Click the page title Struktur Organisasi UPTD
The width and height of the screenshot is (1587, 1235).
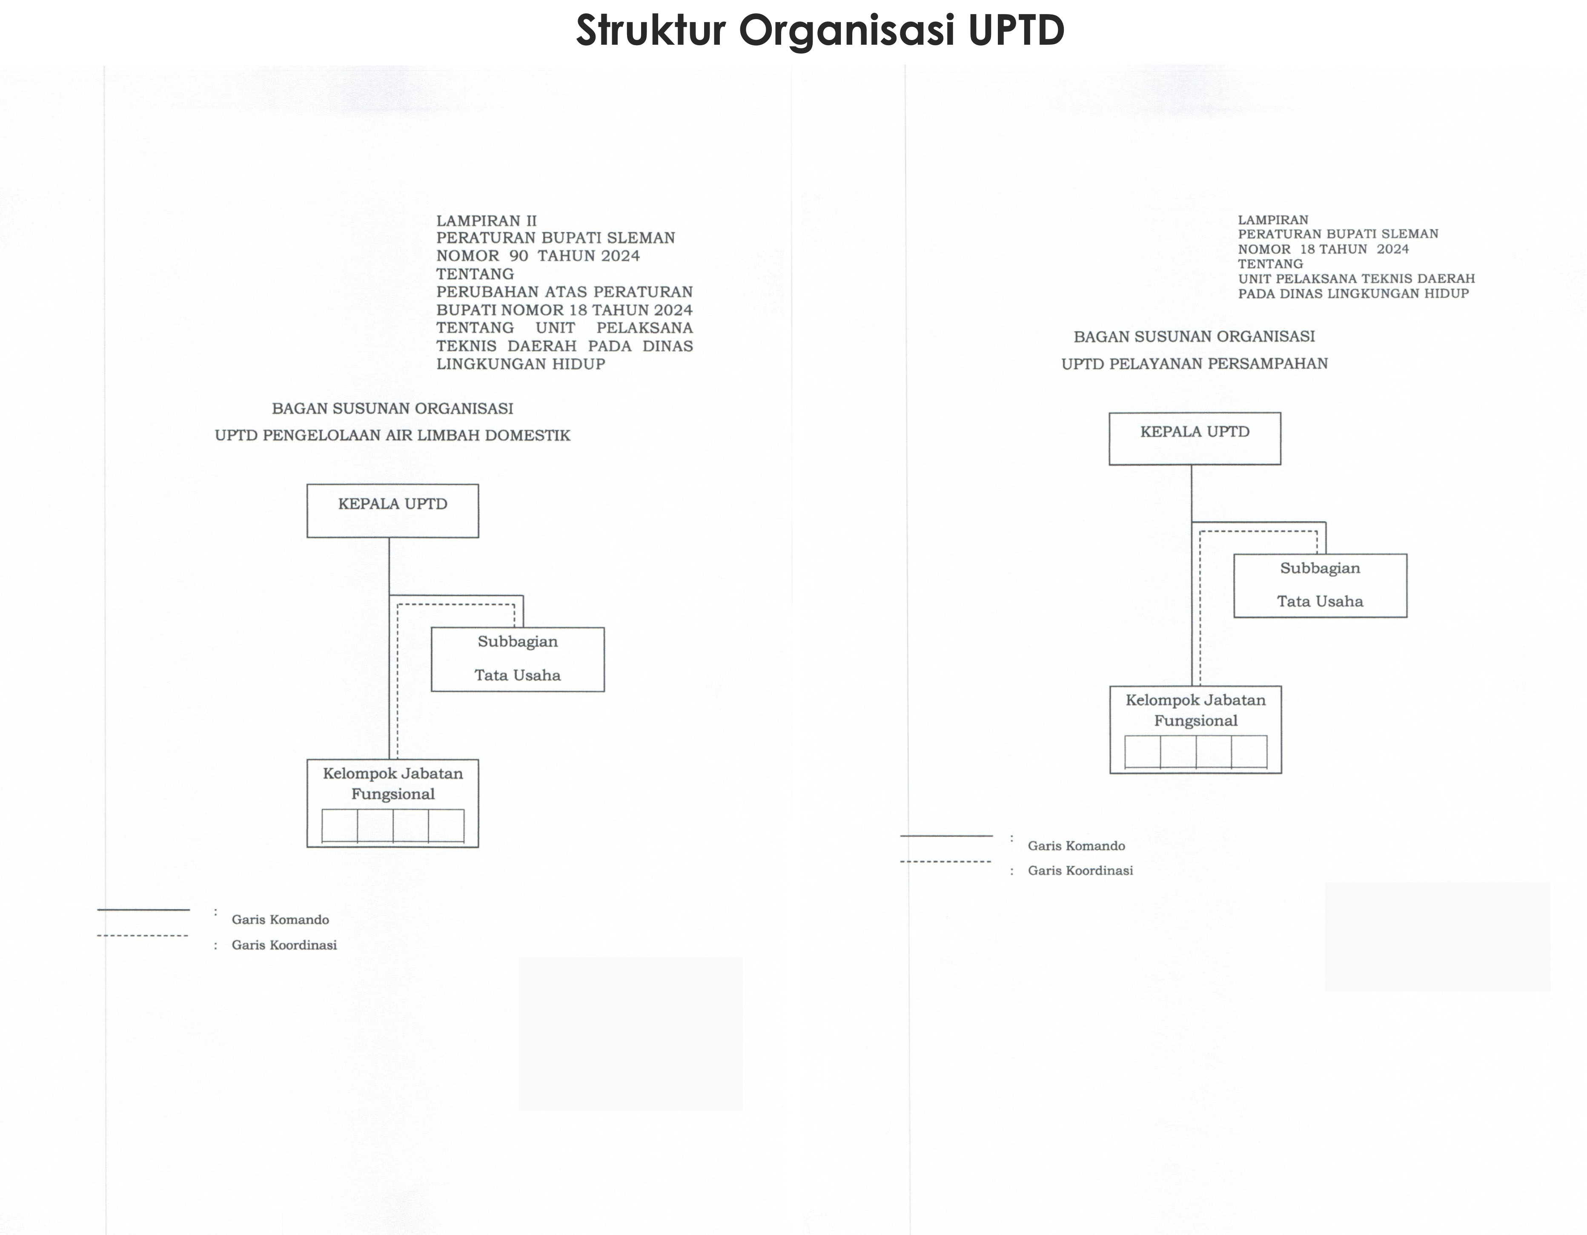[820, 31]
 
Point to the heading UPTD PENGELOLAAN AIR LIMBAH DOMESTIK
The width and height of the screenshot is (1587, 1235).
[392, 435]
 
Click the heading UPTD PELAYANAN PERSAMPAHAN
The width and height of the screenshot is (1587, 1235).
[1195, 363]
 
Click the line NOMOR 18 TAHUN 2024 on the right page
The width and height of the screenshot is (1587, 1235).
[1323, 249]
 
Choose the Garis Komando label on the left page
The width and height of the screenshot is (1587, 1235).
[281, 919]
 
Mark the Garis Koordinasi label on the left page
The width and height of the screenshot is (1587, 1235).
[284, 945]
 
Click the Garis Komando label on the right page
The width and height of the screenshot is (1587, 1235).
[1076, 845]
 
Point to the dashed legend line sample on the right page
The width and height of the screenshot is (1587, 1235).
[945, 862]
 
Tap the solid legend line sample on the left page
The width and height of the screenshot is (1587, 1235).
[143, 909]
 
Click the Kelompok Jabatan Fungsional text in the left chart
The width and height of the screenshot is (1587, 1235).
[392, 784]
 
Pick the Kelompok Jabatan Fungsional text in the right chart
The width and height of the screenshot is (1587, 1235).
[1195, 710]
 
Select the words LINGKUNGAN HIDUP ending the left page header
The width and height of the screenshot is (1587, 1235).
[520, 364]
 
